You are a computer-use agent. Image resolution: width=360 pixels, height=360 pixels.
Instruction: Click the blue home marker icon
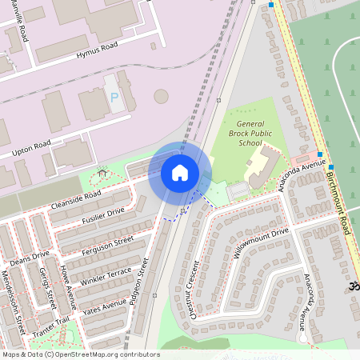180,173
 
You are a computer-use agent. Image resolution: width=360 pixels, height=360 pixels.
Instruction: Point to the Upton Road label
31,150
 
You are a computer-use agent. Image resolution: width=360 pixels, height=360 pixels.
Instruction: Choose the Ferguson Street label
107,246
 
